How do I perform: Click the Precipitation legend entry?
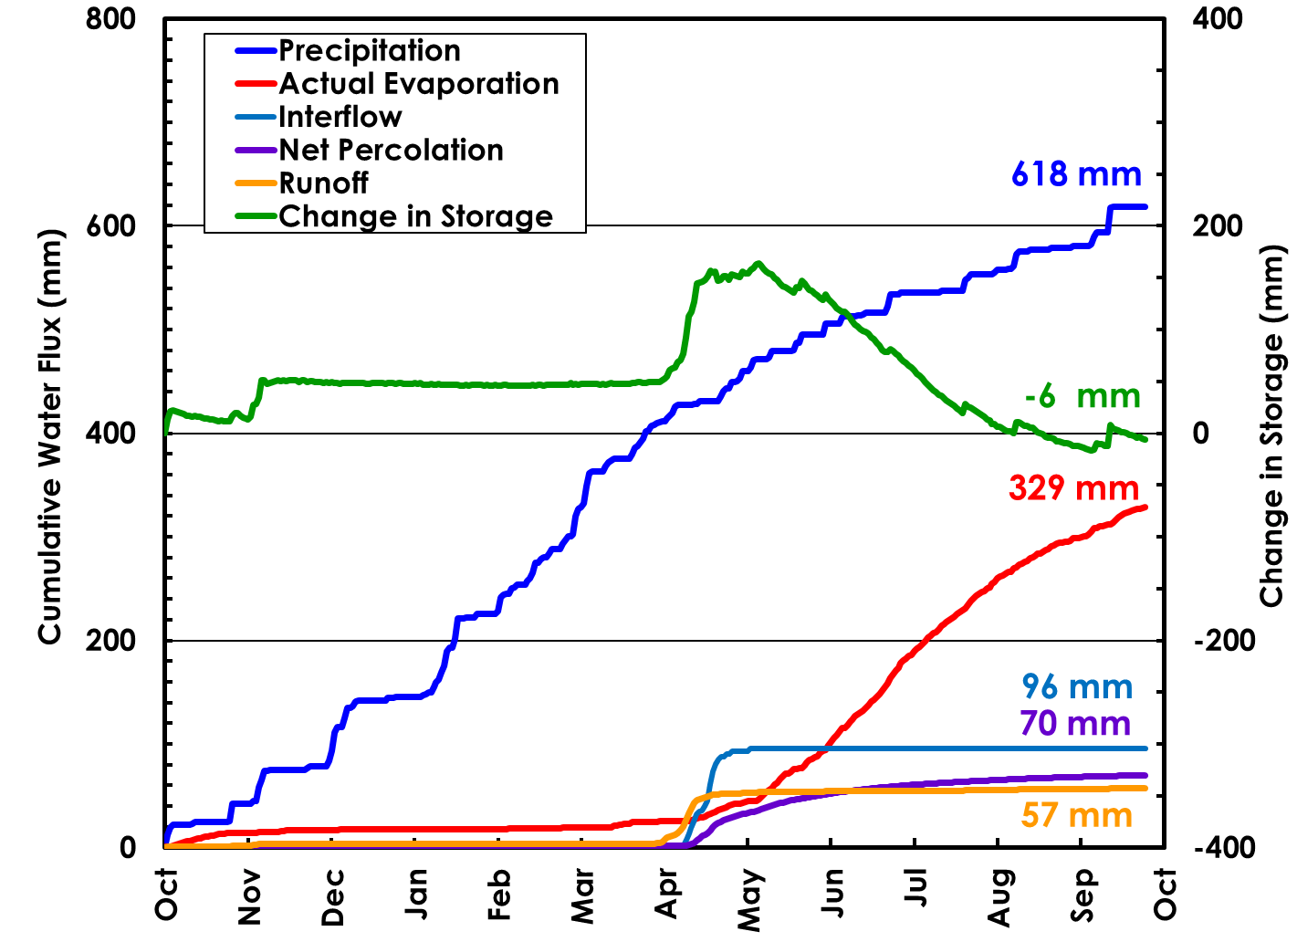(x=369, y=51)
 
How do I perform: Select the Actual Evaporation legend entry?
(x=418, y=84)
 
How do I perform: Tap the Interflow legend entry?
(x=340, y=117)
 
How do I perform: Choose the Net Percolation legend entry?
(x=391, y=150)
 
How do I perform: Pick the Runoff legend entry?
(x=323, y=183)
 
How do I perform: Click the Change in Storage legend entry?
(x=415, y=216)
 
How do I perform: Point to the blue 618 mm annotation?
(x=1076, y=173)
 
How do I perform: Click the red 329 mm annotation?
(x=1073, y=487)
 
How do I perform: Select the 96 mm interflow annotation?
(x=1077, y=686)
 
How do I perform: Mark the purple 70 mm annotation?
(x=1075, y=723)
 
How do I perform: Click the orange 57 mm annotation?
(x=1076, y=814)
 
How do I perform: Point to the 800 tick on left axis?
(x=110, y=19)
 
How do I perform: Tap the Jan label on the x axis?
(x=416, y=894)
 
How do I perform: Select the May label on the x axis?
(x=749, y=898)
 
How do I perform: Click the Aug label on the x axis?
(x=1000, y=896)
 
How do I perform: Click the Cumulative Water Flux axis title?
(x=50, y=436)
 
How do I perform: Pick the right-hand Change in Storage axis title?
(x=1271, y=425)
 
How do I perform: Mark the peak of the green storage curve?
(x=758, y=264)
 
